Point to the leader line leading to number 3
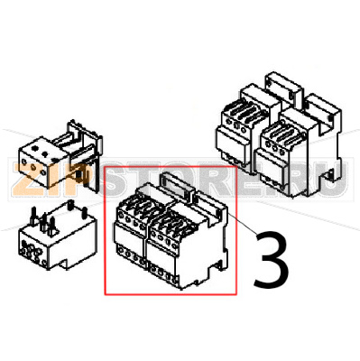pos(243,224)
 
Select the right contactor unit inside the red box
pos(188,241)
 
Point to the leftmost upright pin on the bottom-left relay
pos(32,215)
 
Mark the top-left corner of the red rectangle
pos(105,166)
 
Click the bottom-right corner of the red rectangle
pos(237,294)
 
